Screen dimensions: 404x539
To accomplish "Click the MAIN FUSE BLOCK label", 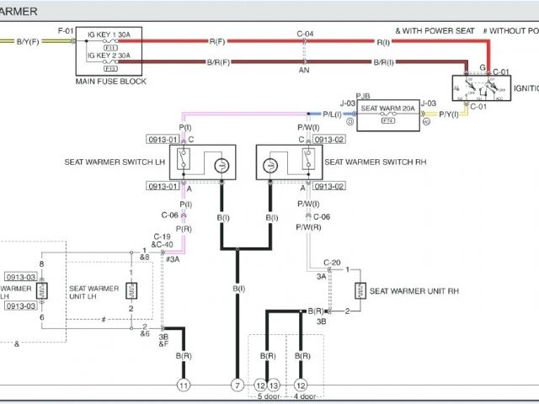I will [111, 82].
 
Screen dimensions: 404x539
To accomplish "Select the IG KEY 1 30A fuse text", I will [109, 35].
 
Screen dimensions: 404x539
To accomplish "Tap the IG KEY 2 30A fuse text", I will [109, 55].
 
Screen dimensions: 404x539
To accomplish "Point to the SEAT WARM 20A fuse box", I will [388, 115].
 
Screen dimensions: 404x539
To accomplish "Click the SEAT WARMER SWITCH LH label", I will [115, 162].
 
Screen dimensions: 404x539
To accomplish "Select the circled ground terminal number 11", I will [184, 385].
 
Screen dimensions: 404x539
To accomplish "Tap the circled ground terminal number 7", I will [237, 385].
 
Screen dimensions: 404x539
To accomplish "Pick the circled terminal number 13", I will [273, 385].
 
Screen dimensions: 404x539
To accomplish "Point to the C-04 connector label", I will [305, 34].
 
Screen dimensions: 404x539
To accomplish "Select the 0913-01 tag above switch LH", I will [163, 139].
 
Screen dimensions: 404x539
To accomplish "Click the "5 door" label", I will [267, 396].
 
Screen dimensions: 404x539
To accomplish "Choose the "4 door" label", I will [306, 396].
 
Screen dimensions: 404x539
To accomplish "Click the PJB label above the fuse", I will [363, 97].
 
